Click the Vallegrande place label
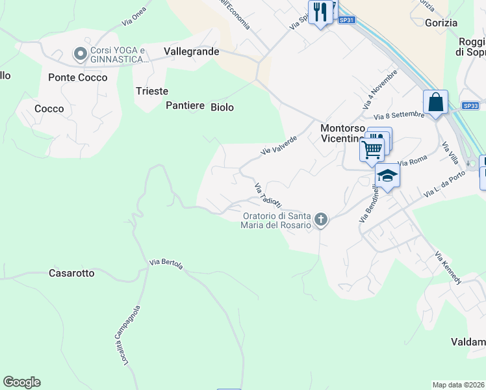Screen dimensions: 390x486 [x=192, y=51]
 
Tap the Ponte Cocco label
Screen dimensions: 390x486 [x=78, y=77]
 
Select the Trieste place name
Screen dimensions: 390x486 [x=152, y=91]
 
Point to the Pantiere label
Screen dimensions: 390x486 [x=186, y=105]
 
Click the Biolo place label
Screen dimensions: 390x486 [x=222, y=107]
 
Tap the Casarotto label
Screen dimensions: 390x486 [x=71, y=273]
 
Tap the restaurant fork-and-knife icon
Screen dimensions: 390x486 [x=320, y=12]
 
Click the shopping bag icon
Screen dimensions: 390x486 [x=435, y=103]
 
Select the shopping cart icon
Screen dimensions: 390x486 [x=372, y=149]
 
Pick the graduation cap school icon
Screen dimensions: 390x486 [x=387, y=176]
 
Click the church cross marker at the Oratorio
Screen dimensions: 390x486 [x=320, y=220]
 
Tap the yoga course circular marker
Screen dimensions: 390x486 [x=81, y=53]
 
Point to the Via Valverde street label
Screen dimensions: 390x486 [x=279, y=145]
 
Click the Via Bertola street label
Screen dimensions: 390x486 [x=166, y=263]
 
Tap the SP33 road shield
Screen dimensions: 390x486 [x=470, y=105]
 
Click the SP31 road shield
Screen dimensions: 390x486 [x=347, y=20]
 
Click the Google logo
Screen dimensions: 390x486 [x=21, y=382]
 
